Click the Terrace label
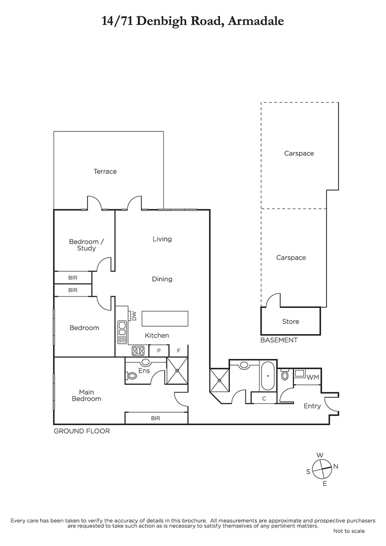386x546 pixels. point(105,171)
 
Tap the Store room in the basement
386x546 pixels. point(290,322)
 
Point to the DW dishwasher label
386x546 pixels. point(135,315)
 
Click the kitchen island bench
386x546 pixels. point(165,319)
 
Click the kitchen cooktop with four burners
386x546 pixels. point(138,350)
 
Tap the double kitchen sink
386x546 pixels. point(122,332)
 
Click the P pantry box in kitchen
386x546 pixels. point(158,350)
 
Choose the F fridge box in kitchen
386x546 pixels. point(178,350)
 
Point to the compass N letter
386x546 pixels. point(336,466)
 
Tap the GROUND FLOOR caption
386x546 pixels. point(81,431)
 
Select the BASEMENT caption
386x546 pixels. point(279,340)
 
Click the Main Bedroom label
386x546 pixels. point(90,395)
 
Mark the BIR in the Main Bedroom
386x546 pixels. point(156,418)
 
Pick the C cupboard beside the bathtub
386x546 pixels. point(264,398)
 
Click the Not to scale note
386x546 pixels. point(349,531)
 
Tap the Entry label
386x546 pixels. point(312,406)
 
